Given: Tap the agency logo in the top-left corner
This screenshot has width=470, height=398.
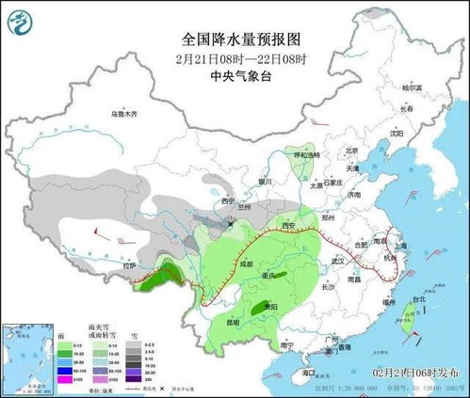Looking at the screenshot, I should (22, 20).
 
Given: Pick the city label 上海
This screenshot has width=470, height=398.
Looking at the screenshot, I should (400, 245).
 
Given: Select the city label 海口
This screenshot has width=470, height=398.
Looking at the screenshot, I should (307, 374).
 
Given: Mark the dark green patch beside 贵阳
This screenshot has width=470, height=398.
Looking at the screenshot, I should (259, 309).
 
